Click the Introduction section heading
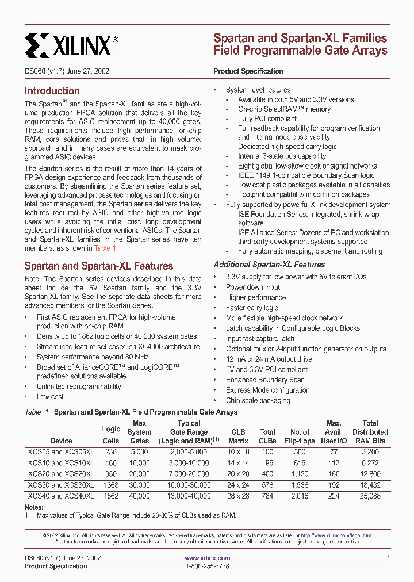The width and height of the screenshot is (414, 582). pyautogui.click(x=52, y=91)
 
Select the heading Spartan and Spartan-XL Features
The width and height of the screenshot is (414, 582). pyautogui.click(x=98, y=266)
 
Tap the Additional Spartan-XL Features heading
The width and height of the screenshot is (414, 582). pyautogui.click(x=269, y=265)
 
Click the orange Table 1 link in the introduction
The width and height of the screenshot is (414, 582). pyautogui.click(x=105, y=248)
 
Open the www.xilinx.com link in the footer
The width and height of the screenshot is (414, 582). pyautogui.click(x=207, y=558)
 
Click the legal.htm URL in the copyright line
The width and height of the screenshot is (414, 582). pyautogui.click(x=336, y=535)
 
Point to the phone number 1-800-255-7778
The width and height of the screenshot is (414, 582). pyautogui.click(x=207, y=566)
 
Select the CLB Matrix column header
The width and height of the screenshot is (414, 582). pyautogui.click(x=238, y=436)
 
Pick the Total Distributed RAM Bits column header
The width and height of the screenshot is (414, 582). pyautogui.click(x=370, y=432)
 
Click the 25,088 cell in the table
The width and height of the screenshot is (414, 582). pyautogui.click(x=370, y=496)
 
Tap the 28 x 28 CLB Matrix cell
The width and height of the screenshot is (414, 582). pyautogui.click(x=238, y=496)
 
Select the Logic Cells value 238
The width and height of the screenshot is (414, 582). pyautogui.click(x=111, y=452)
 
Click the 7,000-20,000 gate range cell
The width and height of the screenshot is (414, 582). pyautogui.click(x=189, y=474)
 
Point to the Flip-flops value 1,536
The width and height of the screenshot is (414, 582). pyautogui.click(x=300, y=485)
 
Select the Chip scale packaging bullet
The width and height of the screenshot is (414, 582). pyautogui.click(x=258, y=400)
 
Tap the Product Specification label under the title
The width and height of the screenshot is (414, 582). pyautogui.click(x=248, y=71)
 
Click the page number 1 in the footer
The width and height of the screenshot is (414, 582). pyautogui.click(x=389, y=558)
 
